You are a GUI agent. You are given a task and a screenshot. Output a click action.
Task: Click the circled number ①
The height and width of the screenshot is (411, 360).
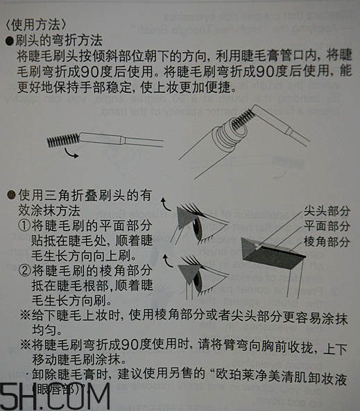(25, 225)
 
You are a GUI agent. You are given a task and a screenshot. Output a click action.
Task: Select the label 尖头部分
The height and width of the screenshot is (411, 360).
(326, 211)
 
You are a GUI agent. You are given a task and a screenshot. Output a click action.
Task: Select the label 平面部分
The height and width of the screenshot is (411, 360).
(326, 226)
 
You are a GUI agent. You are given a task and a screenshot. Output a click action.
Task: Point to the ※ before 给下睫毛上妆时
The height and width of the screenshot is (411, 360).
(24, 314)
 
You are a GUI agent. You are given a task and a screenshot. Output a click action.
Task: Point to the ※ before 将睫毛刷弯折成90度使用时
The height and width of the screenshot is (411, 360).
(24, 344)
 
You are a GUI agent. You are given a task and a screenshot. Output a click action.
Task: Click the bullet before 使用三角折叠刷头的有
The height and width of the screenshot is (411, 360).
(9, 195)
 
